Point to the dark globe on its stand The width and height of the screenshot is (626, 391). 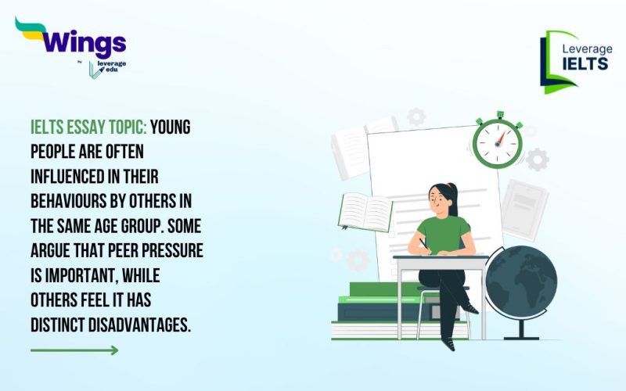(520, 282)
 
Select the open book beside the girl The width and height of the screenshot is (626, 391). (365, 210)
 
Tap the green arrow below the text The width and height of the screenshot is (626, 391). (74, 350)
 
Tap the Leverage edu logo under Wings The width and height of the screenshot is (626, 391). (106, 69)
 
